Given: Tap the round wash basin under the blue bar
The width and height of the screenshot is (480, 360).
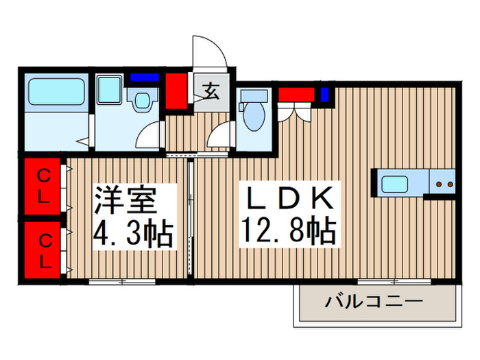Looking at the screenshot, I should click(143, 101).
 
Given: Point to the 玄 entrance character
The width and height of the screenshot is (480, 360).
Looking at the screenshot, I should click(211, 90).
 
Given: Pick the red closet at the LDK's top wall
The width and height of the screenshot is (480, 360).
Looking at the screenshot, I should click(296, 94).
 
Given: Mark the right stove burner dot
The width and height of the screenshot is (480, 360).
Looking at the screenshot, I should click(451, 184).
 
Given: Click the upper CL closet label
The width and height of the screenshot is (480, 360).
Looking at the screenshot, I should click(43, 185).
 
